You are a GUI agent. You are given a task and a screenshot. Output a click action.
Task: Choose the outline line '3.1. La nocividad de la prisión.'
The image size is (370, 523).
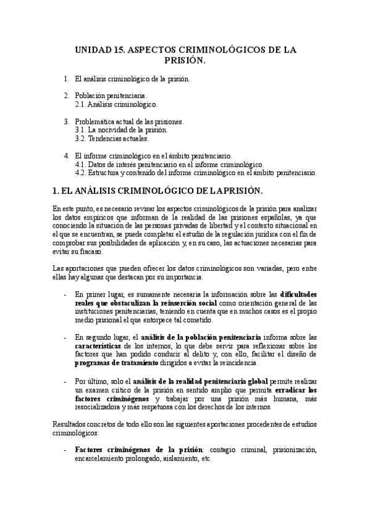[x=120, y=130]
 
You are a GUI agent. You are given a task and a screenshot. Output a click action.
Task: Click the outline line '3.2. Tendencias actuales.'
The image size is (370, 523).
[x=111, y=139]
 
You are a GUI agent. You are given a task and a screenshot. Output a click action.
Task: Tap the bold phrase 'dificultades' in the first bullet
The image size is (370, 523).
[x=298, y=294]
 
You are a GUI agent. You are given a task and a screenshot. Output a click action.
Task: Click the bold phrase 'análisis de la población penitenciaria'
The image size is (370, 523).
[x=201, y=337]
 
